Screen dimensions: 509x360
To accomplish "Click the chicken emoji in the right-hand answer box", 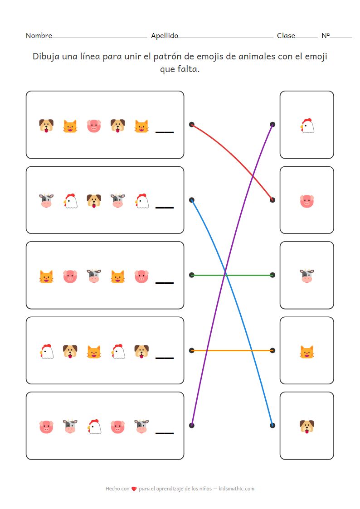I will [x=307, y=126].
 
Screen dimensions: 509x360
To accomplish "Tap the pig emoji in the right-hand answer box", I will [x=307, y=201].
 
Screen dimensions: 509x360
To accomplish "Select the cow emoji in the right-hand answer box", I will [x=307, y=276].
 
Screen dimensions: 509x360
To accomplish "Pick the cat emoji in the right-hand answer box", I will [x=307, y=351].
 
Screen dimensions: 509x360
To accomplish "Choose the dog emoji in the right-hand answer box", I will [x=307, y=427].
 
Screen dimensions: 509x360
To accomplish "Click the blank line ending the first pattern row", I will [x=165, y=132].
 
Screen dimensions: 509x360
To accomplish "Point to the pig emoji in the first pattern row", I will [x=94, y=126].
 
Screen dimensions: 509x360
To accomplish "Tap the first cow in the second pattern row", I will [x=46, y=201].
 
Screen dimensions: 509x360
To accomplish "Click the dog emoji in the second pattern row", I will [x=94, y=201].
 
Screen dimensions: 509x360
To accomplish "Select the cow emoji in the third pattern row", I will [x=94, y=276].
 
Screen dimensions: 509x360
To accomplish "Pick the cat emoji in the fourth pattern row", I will [x=94, y=351].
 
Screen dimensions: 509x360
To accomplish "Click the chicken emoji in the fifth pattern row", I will [x=94, y=427].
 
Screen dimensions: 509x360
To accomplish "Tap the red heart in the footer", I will [x=134, y=489].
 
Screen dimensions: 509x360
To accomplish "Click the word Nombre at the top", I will [x=39, y=36].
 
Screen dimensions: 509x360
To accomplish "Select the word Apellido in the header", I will [x=165, y=36].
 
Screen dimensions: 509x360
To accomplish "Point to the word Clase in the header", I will [x=286, y=36].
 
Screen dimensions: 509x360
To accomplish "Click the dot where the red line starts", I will [x=192, y=124].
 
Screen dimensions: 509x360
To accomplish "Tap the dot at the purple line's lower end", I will [x=192, y=425].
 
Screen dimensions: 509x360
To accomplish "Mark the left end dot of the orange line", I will [x=192, y=350].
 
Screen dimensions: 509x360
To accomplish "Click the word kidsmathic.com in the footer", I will [x=236, y=489].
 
